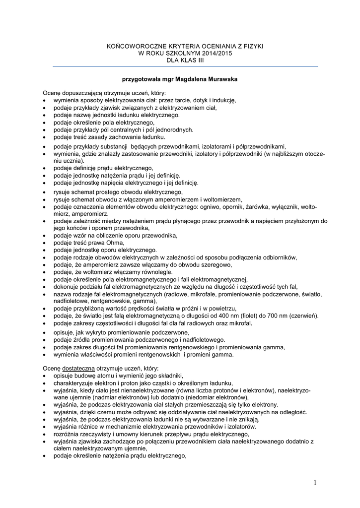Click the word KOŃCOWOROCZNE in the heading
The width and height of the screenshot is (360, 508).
(x=136, y=46)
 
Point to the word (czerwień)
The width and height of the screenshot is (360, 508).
(x=306, y=316)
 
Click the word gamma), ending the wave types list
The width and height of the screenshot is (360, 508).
(x=144, y=301)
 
